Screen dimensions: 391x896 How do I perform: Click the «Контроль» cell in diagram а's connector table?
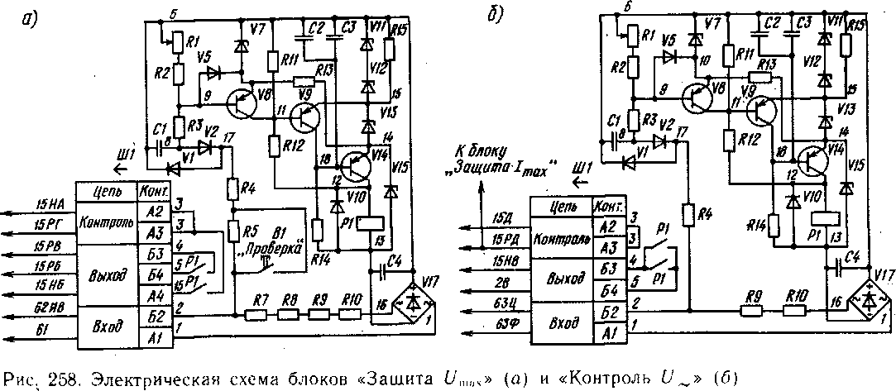[x=107, y=224]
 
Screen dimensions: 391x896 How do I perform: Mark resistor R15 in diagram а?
[x=390, y=51]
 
